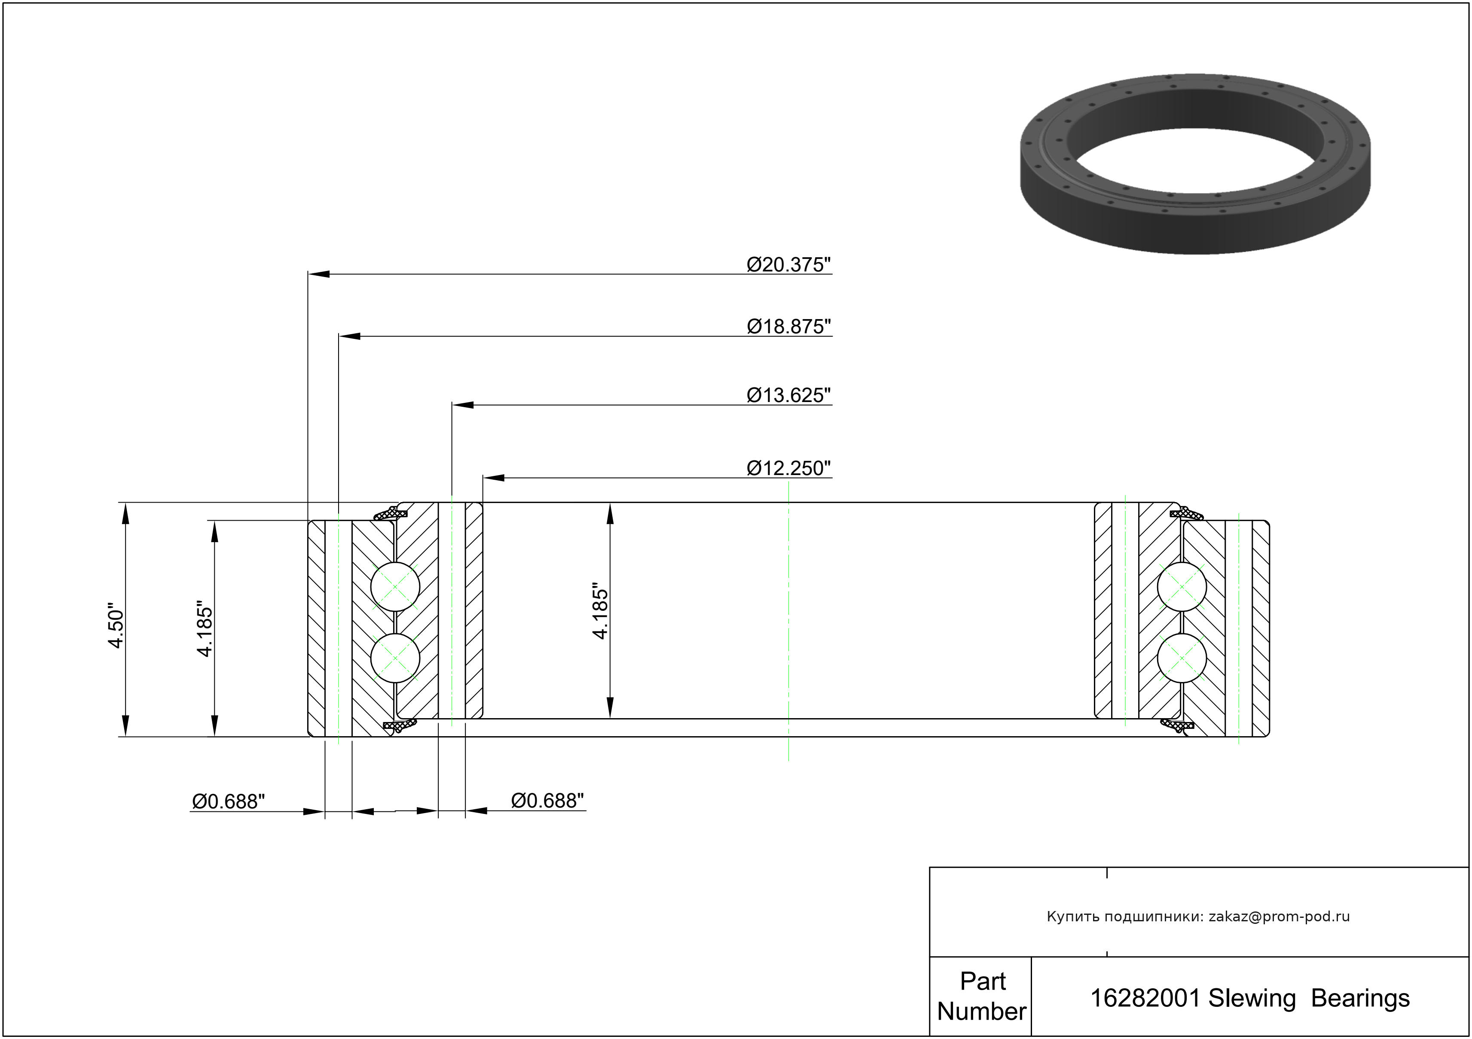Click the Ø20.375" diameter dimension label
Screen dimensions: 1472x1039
click(788, 265)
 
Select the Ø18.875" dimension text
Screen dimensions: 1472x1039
click(788, 327)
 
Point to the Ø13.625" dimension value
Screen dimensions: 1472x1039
click(788, 396)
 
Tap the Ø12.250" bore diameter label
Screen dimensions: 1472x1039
click(788, 469)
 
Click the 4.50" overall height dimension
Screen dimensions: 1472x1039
click(116, 625)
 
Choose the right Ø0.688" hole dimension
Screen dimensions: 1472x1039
click(547, 801)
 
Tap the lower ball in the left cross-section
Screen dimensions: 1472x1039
click(396, 658)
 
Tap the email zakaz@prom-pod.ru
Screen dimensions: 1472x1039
click(1279, 917)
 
